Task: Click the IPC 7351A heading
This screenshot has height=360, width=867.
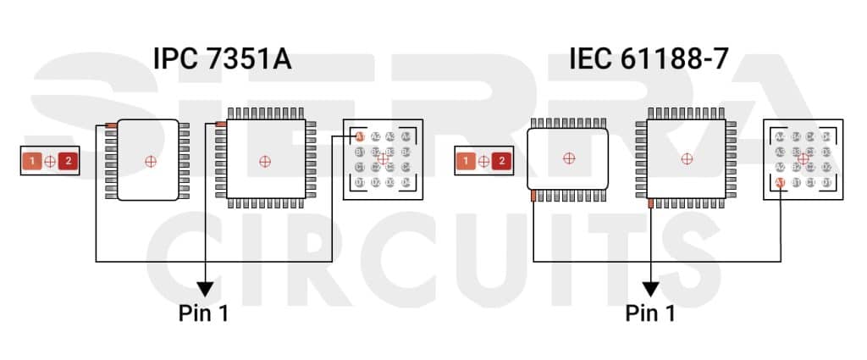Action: [x=222, y=59]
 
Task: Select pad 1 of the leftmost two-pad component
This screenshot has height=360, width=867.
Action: [x=31, y=160]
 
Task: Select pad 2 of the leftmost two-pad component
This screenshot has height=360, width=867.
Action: [x=69, y=160]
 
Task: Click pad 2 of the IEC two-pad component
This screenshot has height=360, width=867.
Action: [x=502, y=160]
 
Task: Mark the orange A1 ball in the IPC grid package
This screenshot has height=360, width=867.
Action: [x=359, y=136]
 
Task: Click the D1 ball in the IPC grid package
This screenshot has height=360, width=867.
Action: [x=359, y=182]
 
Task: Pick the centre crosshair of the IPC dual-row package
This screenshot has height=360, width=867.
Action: [x=151, y=160]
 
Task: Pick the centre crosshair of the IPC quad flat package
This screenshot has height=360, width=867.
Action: [x=265, y=160]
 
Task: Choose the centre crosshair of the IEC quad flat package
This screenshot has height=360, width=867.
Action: [x=686, y=158]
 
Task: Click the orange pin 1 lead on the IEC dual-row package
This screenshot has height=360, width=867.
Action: [x=533, y=196]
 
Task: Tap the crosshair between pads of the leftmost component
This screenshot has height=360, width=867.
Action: [x=50, y=160]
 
